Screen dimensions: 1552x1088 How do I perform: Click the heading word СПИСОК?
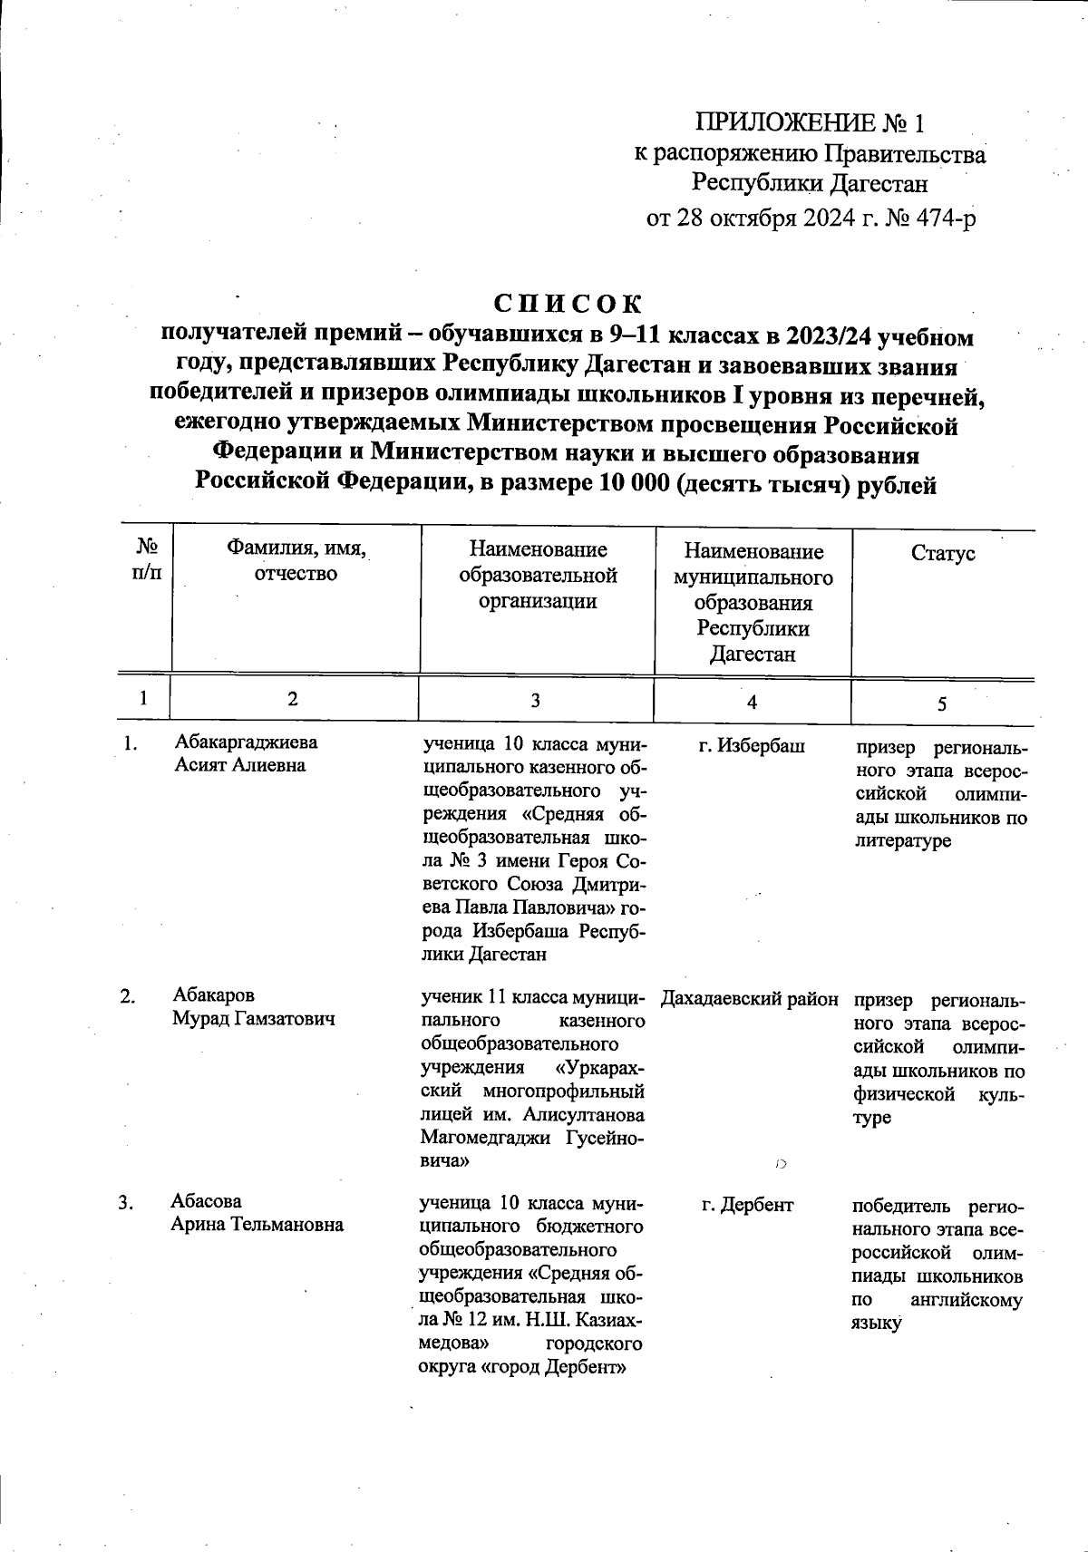coord(568,302)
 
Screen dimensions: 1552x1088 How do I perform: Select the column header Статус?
coord(943,553)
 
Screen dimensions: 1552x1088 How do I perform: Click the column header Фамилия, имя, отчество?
coord(296,561)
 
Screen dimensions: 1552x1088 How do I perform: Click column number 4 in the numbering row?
coord(752,702)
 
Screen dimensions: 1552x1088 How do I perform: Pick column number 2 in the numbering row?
coord(292,699)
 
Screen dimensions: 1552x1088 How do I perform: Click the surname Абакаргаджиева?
coord(247,742)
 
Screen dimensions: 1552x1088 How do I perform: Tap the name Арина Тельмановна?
coord(257,1225)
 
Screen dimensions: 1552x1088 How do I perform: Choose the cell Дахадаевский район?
coord(750,999)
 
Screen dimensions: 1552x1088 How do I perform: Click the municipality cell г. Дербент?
coord(748,1205)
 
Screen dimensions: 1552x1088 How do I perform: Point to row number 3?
coord(126,1204)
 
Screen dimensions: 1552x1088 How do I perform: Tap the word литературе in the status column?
coord(902,841)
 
